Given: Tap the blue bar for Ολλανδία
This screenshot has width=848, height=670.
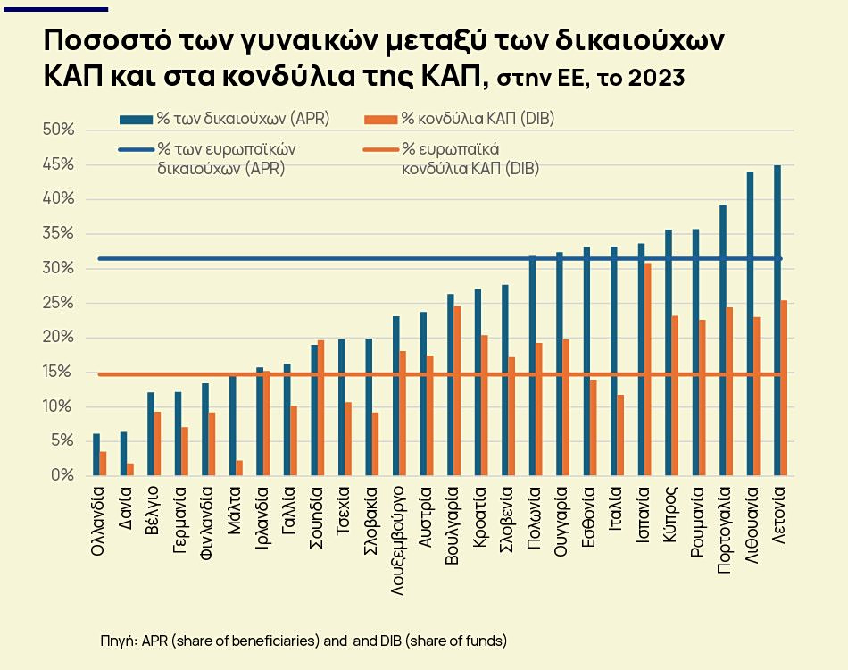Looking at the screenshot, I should (x=96, y=455).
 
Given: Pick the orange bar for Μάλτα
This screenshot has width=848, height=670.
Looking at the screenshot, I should (x=239, y=468).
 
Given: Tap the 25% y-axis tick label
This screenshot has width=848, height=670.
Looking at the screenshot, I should (x=58, y=303).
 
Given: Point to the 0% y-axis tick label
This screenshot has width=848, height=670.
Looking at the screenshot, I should (x=62, y=476).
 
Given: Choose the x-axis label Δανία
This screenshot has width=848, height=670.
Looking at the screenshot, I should (x=125, y=509).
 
